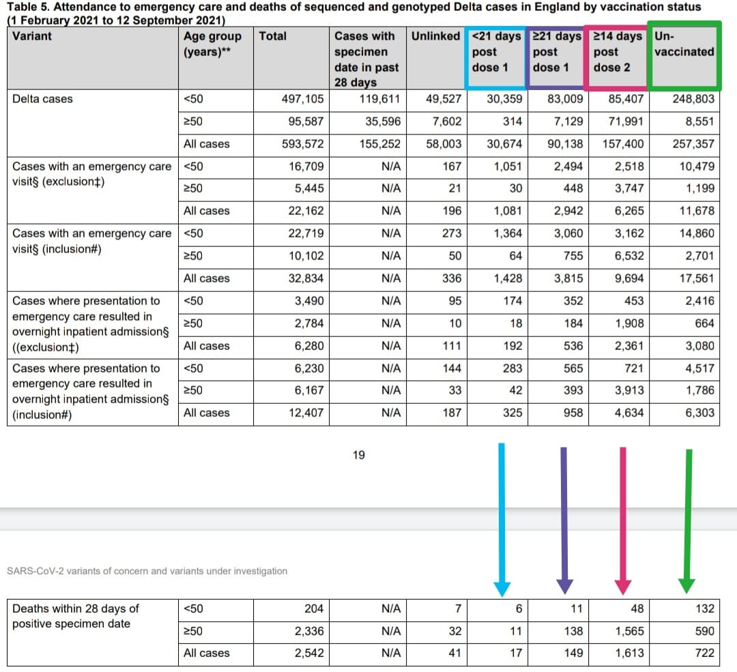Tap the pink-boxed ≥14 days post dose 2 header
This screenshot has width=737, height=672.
coord(617,52)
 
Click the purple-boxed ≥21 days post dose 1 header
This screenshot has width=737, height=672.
coord(556,52)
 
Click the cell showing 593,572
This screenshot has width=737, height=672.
coord(303,144)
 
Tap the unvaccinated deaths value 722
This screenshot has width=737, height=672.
coord(703,653)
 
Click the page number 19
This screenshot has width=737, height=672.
coord(358,455)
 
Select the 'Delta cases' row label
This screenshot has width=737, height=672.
coord(42,99)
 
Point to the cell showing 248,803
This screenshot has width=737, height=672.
coord(692,99)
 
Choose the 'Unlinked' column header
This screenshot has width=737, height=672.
coord(435,36)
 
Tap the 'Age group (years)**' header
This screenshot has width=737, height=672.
coord(212,44)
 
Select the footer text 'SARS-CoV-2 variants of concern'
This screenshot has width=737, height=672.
coord(146,571)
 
